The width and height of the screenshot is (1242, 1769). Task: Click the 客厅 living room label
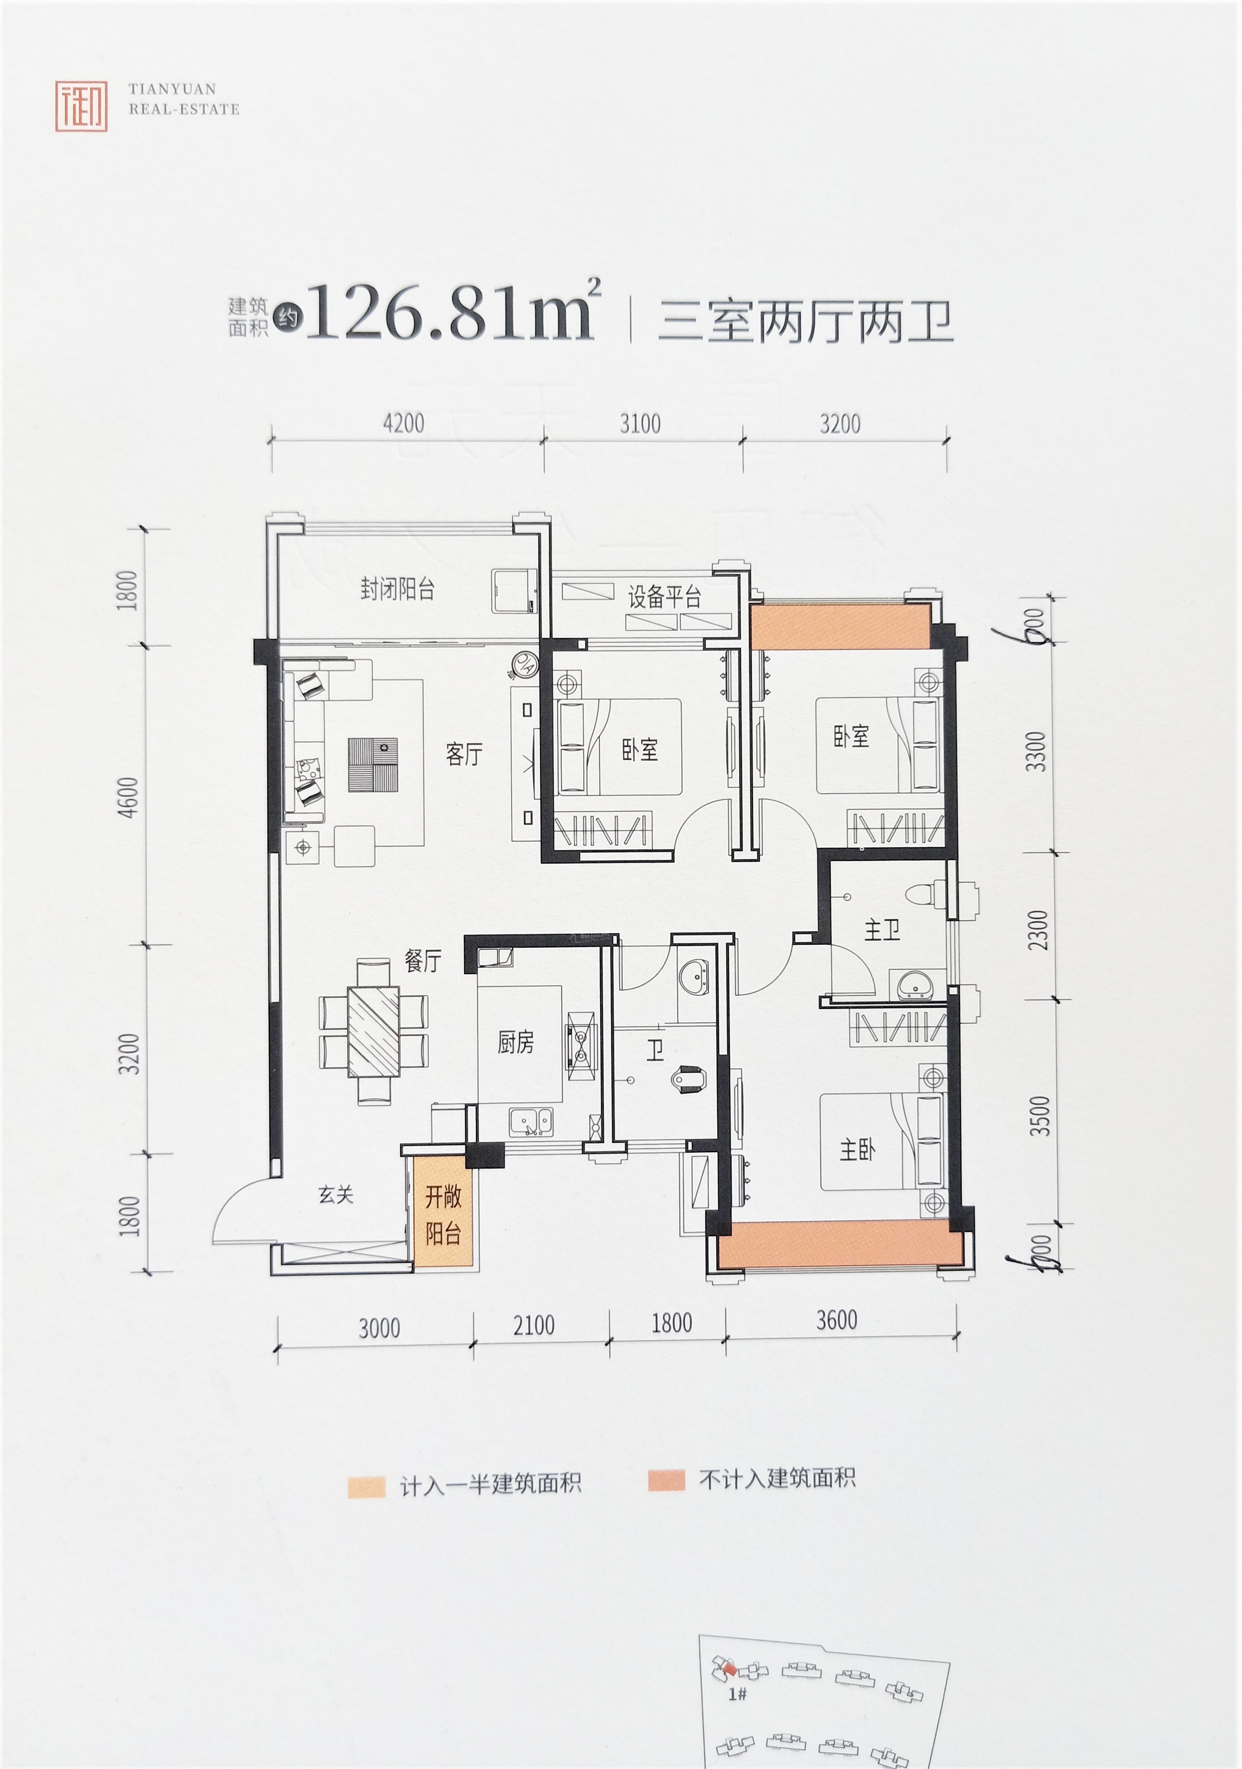(464, 753)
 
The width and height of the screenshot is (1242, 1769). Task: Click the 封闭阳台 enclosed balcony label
(397, 590)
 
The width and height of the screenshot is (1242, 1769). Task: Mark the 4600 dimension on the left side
(128, 797)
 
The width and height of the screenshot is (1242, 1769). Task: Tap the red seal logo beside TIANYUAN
(81, 105)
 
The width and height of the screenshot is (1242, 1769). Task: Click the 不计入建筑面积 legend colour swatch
(667, 1480)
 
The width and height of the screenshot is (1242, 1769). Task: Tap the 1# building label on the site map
(737, 1694)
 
